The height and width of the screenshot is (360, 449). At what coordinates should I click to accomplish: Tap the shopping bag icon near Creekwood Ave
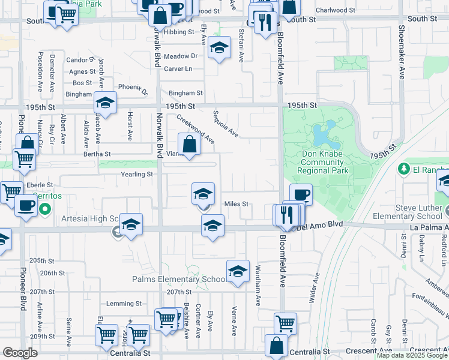[x=189, y=145]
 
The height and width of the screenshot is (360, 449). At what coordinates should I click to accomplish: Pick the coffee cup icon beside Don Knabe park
[x=300, y=194]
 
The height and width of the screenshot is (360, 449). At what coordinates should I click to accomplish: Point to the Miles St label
[x=236, y=204]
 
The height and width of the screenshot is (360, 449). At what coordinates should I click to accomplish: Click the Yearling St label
[x=137, y=175]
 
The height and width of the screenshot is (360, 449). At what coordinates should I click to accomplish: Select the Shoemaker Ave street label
[x=402, y=55]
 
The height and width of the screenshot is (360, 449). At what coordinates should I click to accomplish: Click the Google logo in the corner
[x=20, y=352]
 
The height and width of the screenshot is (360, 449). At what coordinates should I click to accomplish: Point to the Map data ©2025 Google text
[x=412, y=356]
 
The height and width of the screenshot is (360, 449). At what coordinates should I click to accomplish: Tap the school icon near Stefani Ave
[x=220, y=47]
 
